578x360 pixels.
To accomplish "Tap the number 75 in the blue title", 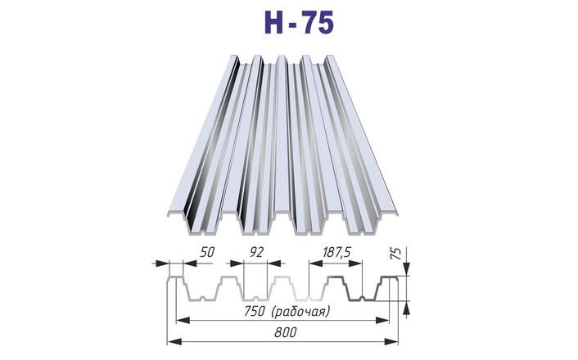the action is click(318, 22).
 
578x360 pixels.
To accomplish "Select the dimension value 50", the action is click(207, 252).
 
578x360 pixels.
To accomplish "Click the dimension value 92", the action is click(257, 252).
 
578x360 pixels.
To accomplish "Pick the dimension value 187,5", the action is click(336, 253).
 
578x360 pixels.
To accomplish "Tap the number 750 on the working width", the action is click(254, 312).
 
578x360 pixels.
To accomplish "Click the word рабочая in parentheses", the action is click(300, 312).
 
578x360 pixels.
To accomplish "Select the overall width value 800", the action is click(285, 333).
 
